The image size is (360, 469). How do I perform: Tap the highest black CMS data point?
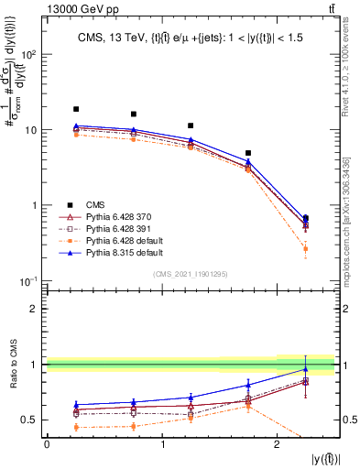[76, 109]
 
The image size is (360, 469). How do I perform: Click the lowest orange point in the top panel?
[305, 249]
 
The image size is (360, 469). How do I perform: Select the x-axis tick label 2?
[277, 444]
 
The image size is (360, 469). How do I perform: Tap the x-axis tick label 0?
[47, 444]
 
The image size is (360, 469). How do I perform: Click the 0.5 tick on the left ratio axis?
[31, 420]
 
